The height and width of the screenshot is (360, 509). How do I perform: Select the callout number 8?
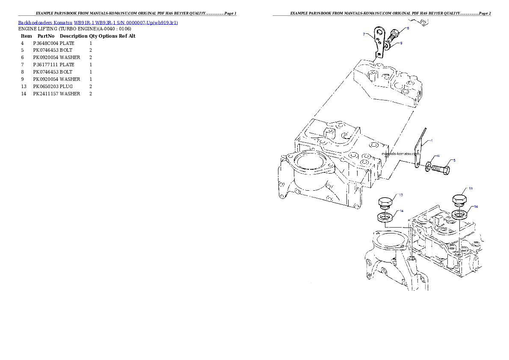click(x=408, y=28)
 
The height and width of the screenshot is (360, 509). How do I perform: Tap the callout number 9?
click(x=401, y=43)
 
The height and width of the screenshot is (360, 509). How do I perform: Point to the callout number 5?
click(x=454, y=160)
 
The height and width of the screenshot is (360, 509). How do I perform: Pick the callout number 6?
click(x=438, y=156)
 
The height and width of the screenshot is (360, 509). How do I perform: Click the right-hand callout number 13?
click(x=471, y=188)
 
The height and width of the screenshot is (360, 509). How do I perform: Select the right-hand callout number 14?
click(x=476, y=207)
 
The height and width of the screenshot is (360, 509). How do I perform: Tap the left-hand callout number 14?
click(x=402, y=211)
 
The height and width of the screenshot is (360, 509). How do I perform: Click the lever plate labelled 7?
click(x=379, y=41)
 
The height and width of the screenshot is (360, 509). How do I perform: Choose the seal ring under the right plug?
click(x=459, y=213)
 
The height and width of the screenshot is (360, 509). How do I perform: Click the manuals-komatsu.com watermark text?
click(x=400, y=153)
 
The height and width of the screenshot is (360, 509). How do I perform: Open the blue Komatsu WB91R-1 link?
click(x=98, y=22)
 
